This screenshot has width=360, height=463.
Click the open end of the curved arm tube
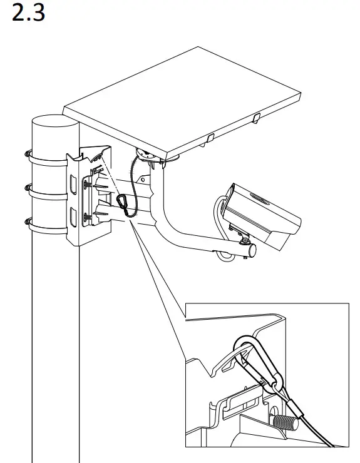pos(252,250)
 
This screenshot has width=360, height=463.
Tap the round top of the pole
pos(54,123)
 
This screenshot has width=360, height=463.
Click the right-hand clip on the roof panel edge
pos(257,118)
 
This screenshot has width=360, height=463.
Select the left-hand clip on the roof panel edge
pos(211,137)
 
